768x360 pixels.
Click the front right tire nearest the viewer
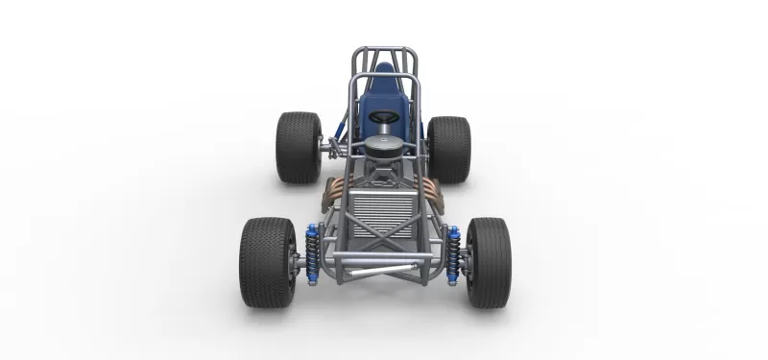point(490,261)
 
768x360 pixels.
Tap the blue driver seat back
point(382,91)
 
